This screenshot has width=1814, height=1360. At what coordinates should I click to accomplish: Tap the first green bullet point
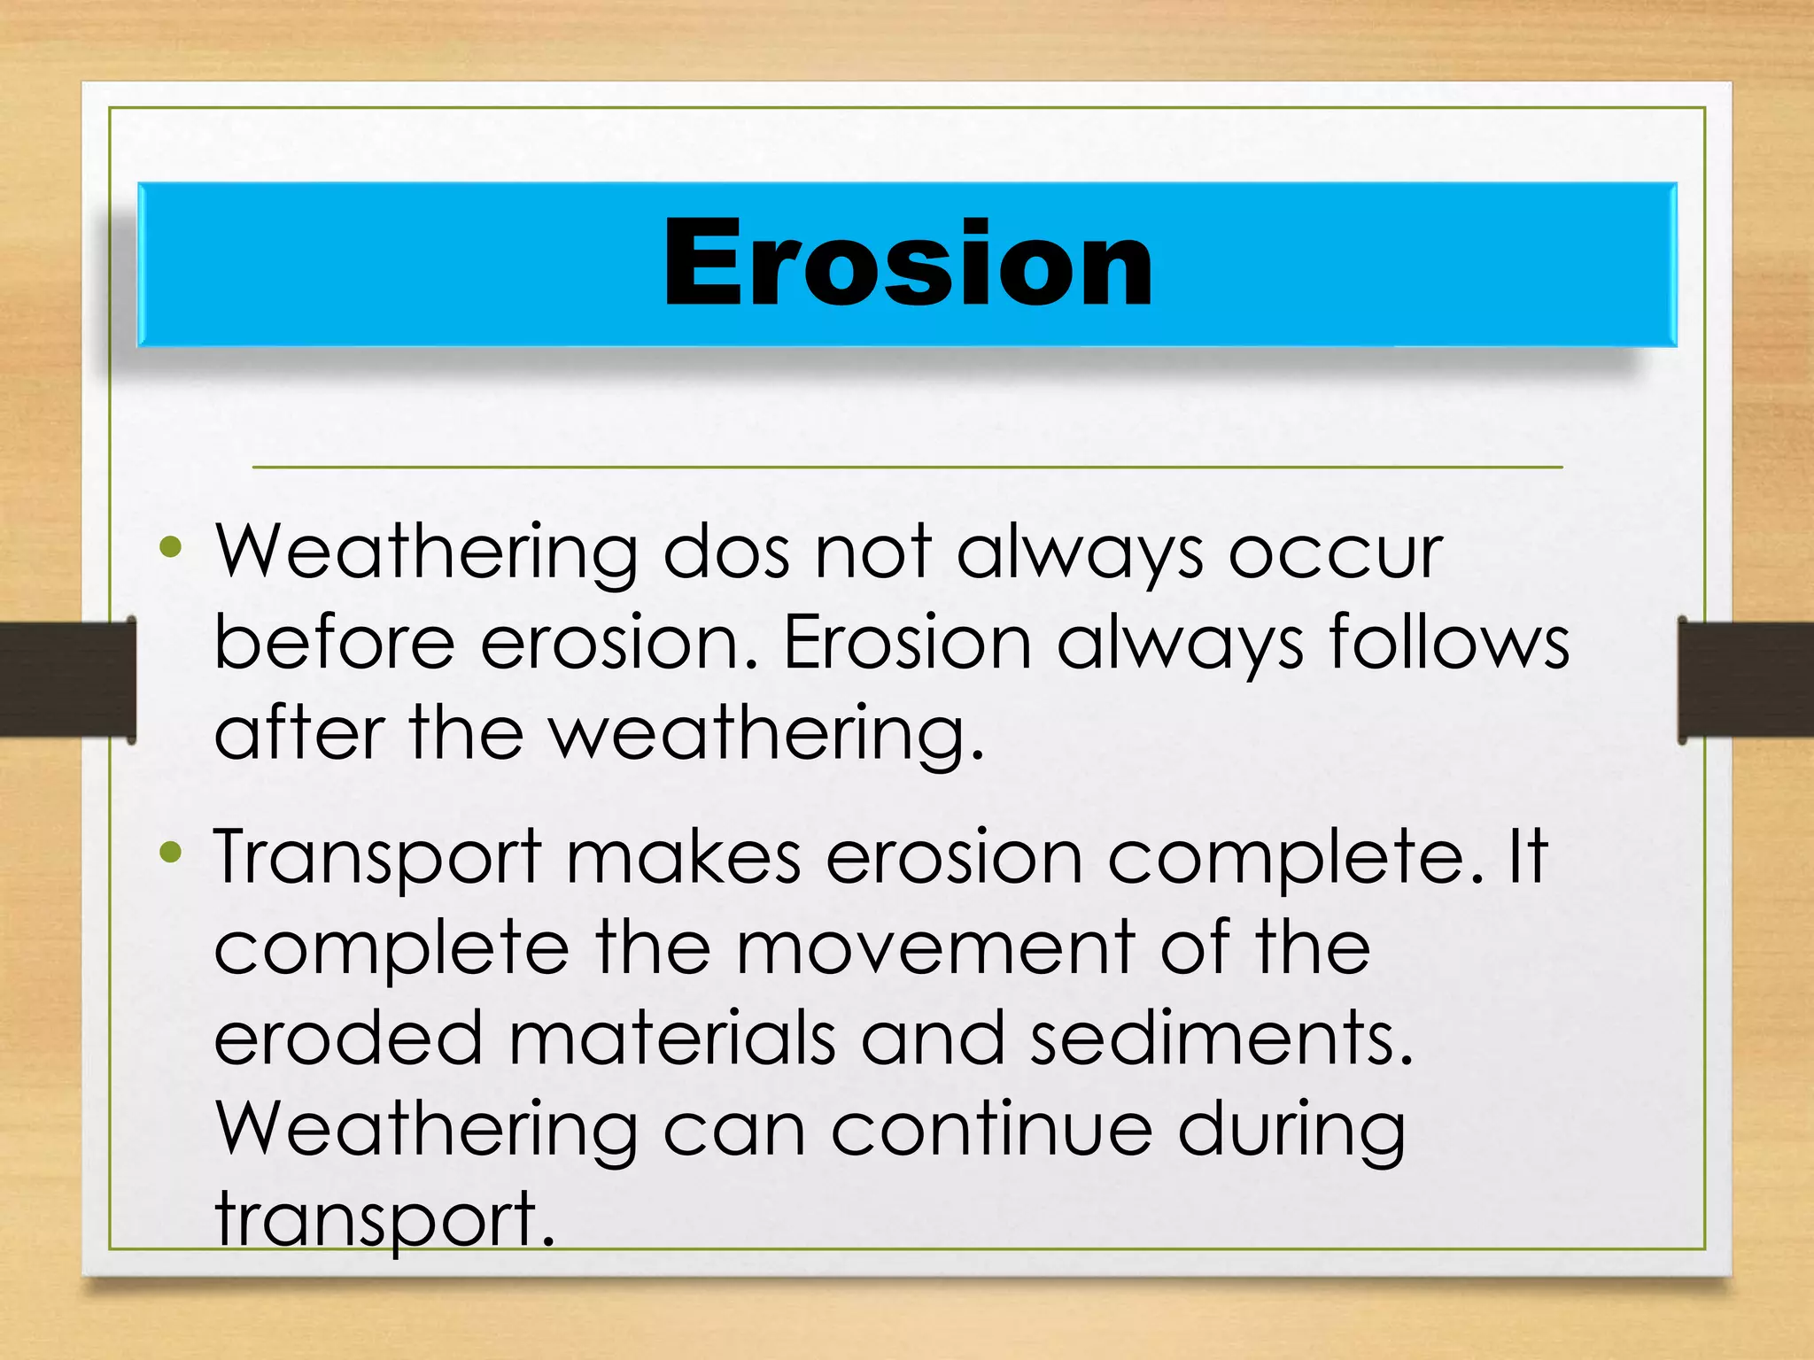pos(170,548)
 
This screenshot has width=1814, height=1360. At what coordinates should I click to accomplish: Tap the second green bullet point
pos(170,853)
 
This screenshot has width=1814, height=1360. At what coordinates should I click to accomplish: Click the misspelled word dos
pos(726,553)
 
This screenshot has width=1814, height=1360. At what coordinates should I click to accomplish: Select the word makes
pos(683,856)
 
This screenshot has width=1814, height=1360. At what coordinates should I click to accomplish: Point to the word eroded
pos(348,1039)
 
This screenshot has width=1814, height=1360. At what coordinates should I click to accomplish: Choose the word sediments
pos(1221,1039)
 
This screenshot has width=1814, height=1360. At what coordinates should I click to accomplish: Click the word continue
pos(992,1130)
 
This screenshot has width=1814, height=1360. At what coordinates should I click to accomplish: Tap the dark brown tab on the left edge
pos(66,679)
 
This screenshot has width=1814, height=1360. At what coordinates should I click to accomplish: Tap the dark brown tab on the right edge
pos(1745,679)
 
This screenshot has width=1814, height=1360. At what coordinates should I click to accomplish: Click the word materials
pos(672,1039)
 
